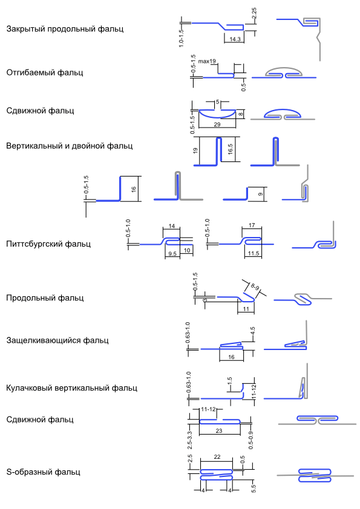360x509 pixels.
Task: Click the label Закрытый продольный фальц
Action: click(x=65, y=29)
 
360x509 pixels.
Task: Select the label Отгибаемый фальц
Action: click(x=45, y=73)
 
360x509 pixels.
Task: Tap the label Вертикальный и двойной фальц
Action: click(x=69, y=146)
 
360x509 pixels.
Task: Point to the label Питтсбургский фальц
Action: click(x=48, y=244)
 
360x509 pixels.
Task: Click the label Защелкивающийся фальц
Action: click(x=57, y=340)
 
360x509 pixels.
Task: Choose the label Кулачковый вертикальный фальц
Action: click(x=72, y=388)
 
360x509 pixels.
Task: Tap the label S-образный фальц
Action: click(x=43, y=472)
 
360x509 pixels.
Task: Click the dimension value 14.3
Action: click(x=235, y=39)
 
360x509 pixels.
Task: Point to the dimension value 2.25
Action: click(x=254, y=15)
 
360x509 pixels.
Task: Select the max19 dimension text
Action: click(x=207, y=61)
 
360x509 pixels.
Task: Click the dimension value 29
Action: click(x=217, y=125)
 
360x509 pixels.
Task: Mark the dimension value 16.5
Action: click(x=230, y=149)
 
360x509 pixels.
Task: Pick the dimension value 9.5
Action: click(x=172, y=254)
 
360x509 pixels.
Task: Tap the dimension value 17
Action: click(x=252, y=225)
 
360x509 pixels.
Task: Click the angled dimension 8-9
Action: click(x=255, y=287)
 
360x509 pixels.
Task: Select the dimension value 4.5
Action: click(x=253, y=331)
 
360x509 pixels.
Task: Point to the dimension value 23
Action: click(x=219, y=431)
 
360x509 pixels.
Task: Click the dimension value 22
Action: click(x=217, y=457)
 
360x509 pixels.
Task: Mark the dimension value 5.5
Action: click(x=254, y=488)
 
